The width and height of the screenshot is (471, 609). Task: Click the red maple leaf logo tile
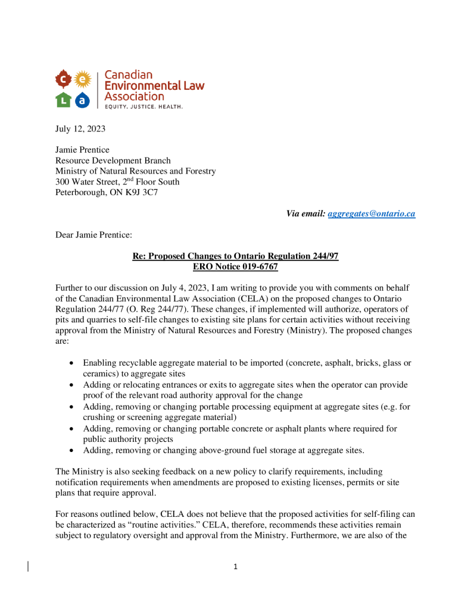coord(64,79)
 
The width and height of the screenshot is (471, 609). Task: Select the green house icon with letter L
coord(64,99)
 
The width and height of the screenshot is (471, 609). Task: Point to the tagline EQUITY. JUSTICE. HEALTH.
coord(144,107)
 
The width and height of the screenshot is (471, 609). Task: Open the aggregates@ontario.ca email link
coord(371,214)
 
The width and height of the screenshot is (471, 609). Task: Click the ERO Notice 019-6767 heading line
coord(235,267)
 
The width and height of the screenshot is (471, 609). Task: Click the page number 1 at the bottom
coord(235,567)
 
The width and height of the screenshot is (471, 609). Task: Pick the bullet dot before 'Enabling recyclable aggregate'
coord(71,363)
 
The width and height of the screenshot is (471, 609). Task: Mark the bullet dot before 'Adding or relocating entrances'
coord(71,385)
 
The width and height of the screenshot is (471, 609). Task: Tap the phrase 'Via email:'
coord(305,214)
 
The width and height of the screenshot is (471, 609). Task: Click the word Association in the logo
coord(134,96)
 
